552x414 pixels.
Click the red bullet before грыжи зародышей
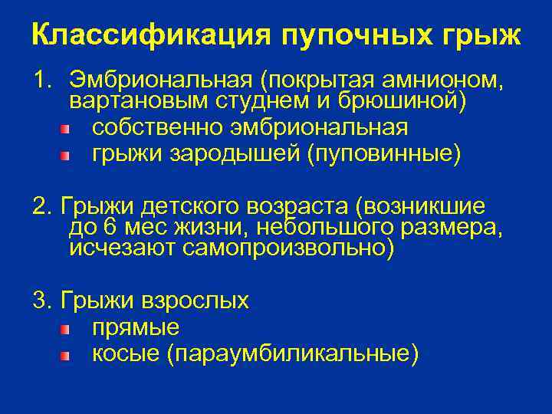pyautogui.click(x=66, y=156)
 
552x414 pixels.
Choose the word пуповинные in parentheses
pyautogui.click(x=383, y=155)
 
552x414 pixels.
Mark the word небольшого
pyautogui.click(x=323, y=228)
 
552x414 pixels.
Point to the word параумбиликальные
pyautogui.click(x=291, y=353)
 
